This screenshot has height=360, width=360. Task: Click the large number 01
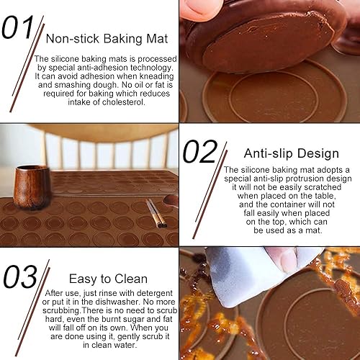tap(17, 27)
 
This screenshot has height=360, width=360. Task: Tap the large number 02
tap(200, 151)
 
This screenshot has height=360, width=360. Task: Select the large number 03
tap(20, 276)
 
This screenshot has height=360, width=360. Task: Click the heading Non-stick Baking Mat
tap(107, 39)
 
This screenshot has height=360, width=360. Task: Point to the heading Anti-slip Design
tap(292, 153)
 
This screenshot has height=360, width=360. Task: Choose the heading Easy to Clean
tap(108, 279)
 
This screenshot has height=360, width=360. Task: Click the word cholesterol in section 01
tap(123, 102)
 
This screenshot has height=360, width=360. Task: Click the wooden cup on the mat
tap(32, 186)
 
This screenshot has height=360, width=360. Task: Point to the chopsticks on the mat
tap(155, 213)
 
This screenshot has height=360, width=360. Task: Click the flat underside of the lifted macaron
tap(266, 45)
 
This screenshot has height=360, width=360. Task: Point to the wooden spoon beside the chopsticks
tap(171, 201)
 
